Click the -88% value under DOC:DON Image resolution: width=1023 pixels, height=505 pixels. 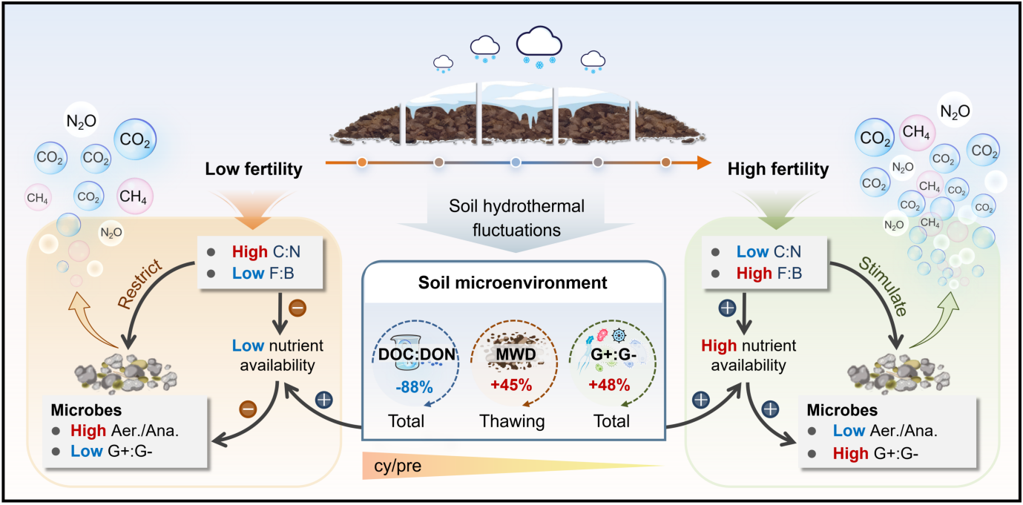pyautogui.click(x=414, y=387)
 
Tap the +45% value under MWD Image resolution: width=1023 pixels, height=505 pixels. pyautogui.click(x=511, y=385)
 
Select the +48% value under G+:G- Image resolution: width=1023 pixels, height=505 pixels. pyautogui.click(x=609, y=385)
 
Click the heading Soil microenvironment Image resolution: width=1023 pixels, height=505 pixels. pyautogui.click(x=513, y=283)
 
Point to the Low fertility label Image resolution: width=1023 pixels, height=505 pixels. pyautogui.click(x=254, y=169)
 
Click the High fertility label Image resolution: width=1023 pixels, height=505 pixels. pyautogui.click(x=777, y=169)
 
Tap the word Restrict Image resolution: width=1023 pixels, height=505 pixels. pyautogui.click(x=140, y=284)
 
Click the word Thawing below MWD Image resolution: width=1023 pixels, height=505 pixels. pyautogui.click(x=512, y=421)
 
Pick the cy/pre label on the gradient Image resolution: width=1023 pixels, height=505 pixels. pyautogui.click(x=398, y=466)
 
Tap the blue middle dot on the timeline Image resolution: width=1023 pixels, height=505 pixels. pyautogui.click(x=516, y=162)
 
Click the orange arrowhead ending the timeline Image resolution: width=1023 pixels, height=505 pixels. pyautogui.click(x=704, y=162)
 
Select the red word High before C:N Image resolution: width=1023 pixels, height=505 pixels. pyautogui.click(x=250, y=251)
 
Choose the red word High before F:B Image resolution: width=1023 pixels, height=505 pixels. pyautogui.click(x=754, y=274)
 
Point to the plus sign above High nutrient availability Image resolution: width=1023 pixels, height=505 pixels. pyautogui.click(x=727, y=308)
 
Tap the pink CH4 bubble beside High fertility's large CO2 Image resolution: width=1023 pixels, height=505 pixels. pyautogui.click(x=916, y=133)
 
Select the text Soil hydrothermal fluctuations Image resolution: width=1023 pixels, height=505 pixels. pyautogui.click(x=516, y=218)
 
